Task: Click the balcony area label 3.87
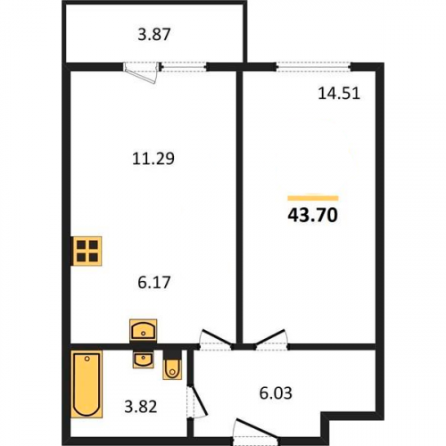[154, 34]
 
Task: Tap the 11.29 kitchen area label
[153, 159]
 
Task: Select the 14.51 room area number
[339, 94]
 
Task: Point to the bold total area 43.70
[313, 215]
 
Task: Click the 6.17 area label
[154, 282]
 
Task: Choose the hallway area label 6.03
[276, 393]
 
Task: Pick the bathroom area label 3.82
[141, 407]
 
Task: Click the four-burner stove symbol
[87, 251]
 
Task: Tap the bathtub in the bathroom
[87, 384]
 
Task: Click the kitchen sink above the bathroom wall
[144, 330]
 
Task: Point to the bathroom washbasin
[144, 359]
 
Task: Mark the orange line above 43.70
[313, 198]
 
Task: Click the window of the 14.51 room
[314, 67]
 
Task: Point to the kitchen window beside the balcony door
[184, 67]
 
